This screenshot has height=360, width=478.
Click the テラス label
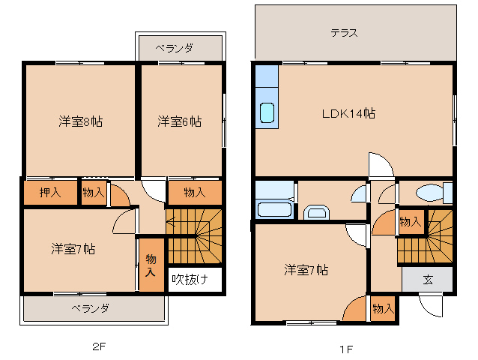(344, 33)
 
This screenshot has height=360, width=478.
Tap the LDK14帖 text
(348, 113)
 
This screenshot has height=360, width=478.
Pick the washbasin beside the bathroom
(316, 212)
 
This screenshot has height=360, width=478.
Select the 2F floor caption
(100, 346)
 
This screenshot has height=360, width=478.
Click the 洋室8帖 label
(80, 121)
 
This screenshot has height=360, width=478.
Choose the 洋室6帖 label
(179, 121)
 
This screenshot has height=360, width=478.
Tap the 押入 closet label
(50, 193)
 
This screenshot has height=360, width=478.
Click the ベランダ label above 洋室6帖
(175, 48)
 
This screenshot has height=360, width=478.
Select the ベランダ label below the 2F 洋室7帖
(91, 308)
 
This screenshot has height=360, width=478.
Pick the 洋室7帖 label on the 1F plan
(305, 269)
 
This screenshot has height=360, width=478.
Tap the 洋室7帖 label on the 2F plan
(73, 248)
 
